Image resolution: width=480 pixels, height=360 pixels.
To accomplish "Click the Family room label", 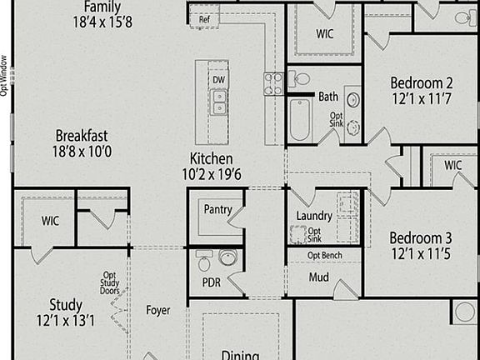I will click(x=102, y=7).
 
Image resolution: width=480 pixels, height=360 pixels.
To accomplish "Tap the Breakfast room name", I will click(x=82, y=136).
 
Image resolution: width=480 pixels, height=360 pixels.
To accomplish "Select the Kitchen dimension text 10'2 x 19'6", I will click(x=211, y=173).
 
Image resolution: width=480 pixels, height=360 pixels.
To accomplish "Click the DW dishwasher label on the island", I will click(x=218, y=80).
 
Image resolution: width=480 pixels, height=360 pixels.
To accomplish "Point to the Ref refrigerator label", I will click(x=203, y=19).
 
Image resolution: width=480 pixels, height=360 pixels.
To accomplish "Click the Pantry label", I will click(x=217, y=211).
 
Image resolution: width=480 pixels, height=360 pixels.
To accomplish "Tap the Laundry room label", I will click(x=314, y=216).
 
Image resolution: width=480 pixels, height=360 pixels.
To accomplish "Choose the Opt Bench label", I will click(x=325, y=255).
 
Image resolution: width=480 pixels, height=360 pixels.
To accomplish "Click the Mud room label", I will click(x=318, y=277).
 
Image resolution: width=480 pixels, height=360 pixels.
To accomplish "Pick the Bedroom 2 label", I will click(x=421, y=82).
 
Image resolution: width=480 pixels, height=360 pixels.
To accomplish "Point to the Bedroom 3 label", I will click(x=421, y=237).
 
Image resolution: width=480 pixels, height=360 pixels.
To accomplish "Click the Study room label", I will click(x=65, y=304).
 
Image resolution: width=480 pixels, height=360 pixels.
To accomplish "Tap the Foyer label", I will click(x=158, y=311).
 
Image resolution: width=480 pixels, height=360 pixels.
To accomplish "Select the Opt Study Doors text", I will click(x=109, y=283).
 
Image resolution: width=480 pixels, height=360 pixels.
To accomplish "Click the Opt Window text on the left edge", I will click(x=4, y=76).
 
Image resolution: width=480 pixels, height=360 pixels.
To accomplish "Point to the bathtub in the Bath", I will click(x=300, y=118).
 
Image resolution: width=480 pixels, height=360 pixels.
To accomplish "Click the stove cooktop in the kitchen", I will click(x=273, y=82).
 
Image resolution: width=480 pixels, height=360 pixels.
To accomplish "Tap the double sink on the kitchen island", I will click(x=218, y=102).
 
